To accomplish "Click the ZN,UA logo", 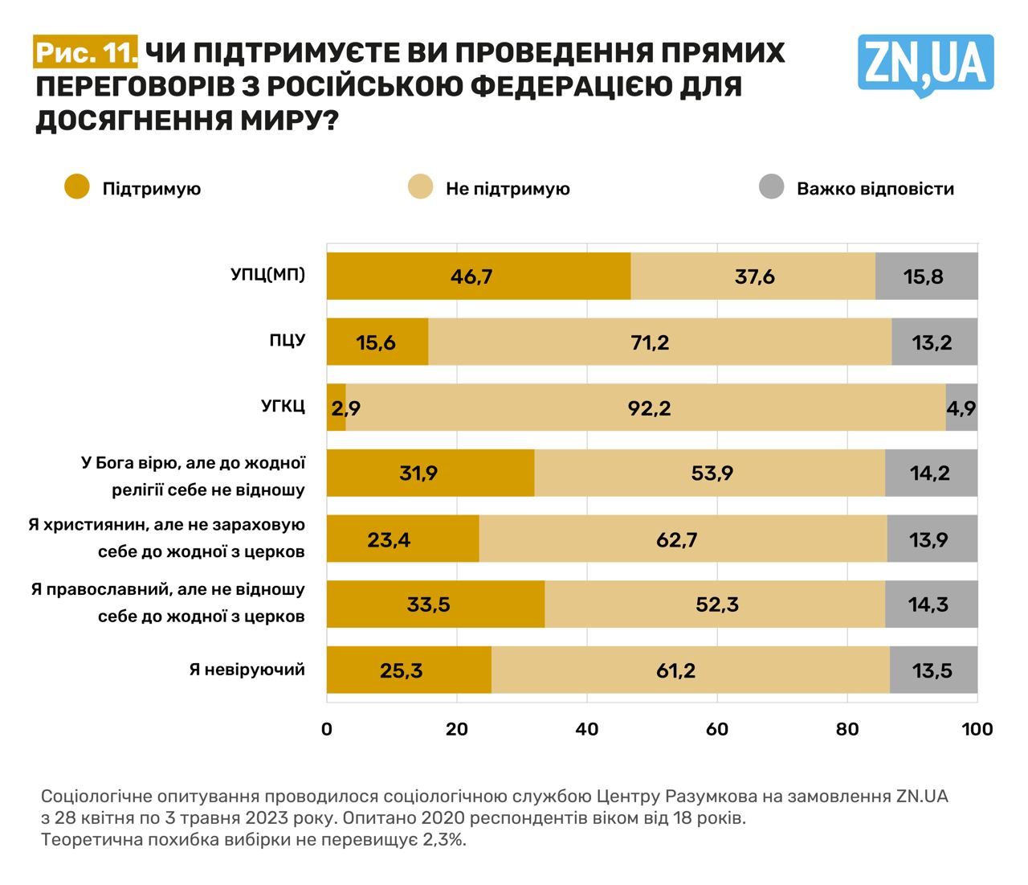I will click(x=925, y=64).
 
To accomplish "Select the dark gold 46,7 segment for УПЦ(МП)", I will click(x=478, y=277).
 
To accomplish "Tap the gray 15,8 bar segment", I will click(x=926, y=277).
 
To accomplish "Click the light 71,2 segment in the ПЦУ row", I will click(x=659, y=342).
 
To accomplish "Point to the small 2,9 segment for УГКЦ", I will click(x=336, y=408).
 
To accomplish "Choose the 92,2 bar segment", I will click(x=645, y=408).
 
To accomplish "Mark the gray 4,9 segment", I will click(x=961, y=408).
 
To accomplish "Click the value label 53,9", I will click(x=712, y=473).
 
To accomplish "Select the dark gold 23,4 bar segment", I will click(x=402, y=539).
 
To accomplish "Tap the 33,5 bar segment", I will click(x=434, y=604).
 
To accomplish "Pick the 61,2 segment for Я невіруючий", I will click(x=690, y=670).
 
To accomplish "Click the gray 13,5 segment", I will click(x=933, y=670).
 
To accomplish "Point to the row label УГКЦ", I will click(x=283, y=406).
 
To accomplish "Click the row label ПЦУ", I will click(x=287, y=340).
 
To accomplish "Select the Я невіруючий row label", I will click(x=247, y=669).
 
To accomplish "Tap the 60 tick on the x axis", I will click(x=716, y=729).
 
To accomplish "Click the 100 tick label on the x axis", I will click(x=977, y=729).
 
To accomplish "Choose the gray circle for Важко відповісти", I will click(x=771, y=187).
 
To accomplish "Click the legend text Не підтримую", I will click(x=508, y=189).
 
